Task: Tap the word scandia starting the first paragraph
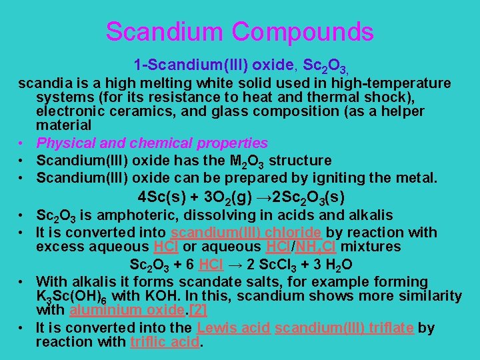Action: coord(41,83)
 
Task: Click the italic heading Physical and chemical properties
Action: coord(152,143)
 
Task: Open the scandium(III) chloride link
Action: coord(247,233)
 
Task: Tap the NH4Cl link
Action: coord(328,247)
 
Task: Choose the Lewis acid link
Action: coord(233,327)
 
